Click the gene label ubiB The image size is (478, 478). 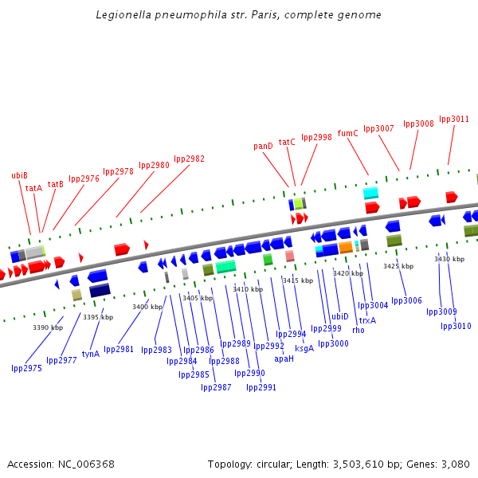pos(19,175)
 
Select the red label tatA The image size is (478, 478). pos(33,189)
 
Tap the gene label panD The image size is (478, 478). pos(263,147)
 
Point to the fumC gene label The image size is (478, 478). pos(348,134)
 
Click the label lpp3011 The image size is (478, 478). pos(454,119)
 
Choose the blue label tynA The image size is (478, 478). pos(91,354)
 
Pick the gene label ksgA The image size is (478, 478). pos(304,348)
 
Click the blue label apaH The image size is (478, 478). pos(284,358)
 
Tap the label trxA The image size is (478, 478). pos(367,320)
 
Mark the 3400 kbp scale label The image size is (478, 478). pos(147,307)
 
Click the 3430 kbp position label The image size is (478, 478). pos(449,259)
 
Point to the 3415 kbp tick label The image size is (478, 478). pos(297,280)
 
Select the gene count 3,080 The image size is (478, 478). pos(454,464)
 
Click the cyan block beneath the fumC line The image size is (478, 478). pos(370,193)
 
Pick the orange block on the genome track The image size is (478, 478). pos(345,248)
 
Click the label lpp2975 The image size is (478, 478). pos(26,368)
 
